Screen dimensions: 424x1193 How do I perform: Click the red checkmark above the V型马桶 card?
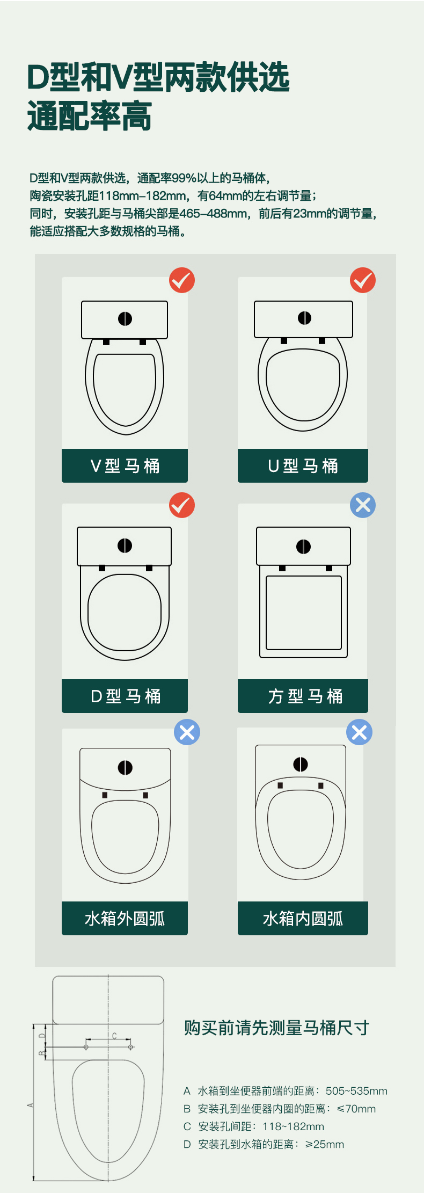(x=182, y=280)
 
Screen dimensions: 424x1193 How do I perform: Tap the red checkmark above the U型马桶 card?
(x=363, y=280)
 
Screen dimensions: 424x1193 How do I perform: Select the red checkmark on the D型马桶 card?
(x=182, y=505)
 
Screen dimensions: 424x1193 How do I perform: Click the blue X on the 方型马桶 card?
(x=363, y=505)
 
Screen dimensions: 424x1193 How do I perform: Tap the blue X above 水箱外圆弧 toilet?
(x=187, y=732)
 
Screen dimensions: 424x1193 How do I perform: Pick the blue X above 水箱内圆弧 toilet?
(x=360, y=732)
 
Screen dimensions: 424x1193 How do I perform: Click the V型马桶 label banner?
(x=125, y=465)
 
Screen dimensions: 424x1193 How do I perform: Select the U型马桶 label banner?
(x=303, y=465)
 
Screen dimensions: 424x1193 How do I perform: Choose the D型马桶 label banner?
(x=125, y=696)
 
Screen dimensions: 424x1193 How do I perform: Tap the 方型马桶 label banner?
(x=303, y=696)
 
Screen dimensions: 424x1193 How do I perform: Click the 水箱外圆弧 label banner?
(x=125, y=918)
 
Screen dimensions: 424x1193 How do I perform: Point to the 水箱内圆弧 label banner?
(x=303, y=918)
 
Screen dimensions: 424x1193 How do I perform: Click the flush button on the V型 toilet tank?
(x=125, y=319)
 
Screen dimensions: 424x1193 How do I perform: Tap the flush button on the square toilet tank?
(x=303, y=547)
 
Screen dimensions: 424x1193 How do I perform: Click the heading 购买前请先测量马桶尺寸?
(x=277, y=1028)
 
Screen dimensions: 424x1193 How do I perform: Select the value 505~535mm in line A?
(x=356, y=1091)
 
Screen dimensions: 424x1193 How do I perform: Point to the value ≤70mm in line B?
(x=356, y=1109)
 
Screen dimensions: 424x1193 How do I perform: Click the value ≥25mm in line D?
(x=325, y=1144)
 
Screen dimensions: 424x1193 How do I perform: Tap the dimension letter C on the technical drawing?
(x=114, y=1036)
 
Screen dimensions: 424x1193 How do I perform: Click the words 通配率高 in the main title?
(x=90, y=116)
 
